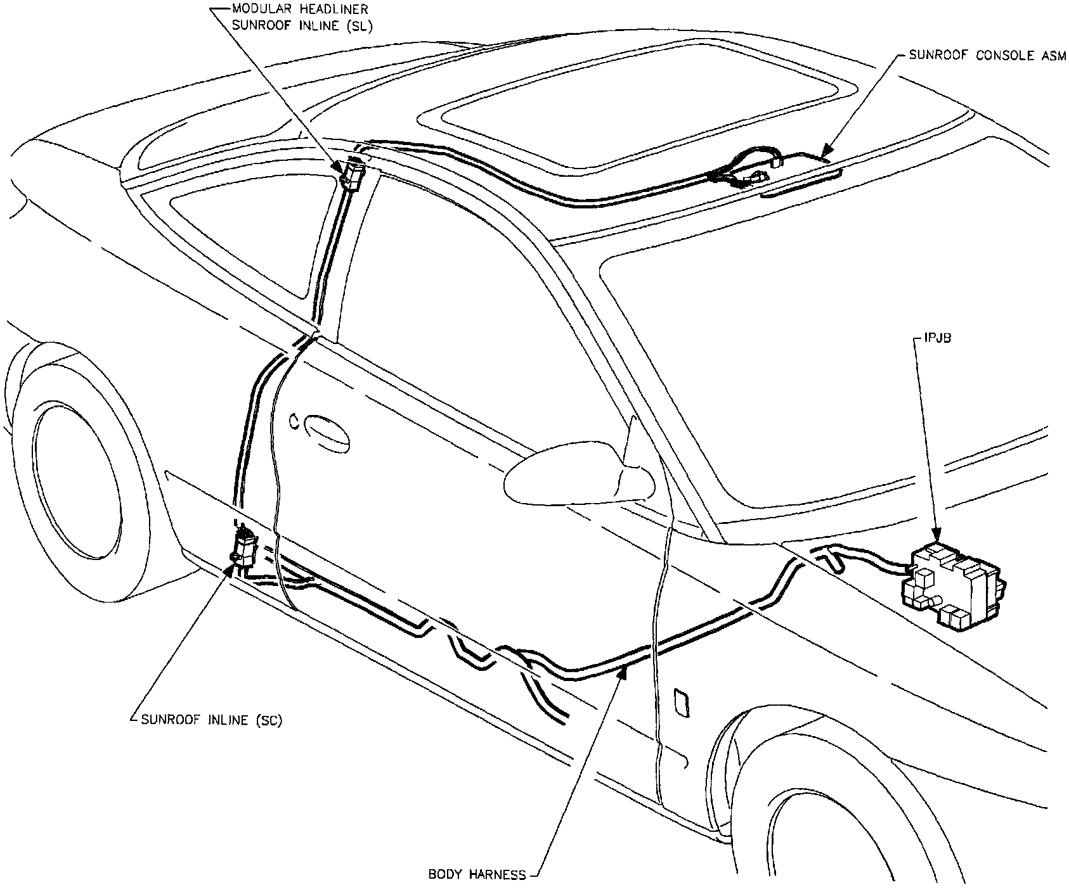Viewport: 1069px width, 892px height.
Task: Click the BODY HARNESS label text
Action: click(x=477, y=875)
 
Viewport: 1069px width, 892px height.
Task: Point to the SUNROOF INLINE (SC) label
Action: click(x=212, y=720)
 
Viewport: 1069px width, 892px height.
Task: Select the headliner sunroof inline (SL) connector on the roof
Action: click(x=353, y=174)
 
